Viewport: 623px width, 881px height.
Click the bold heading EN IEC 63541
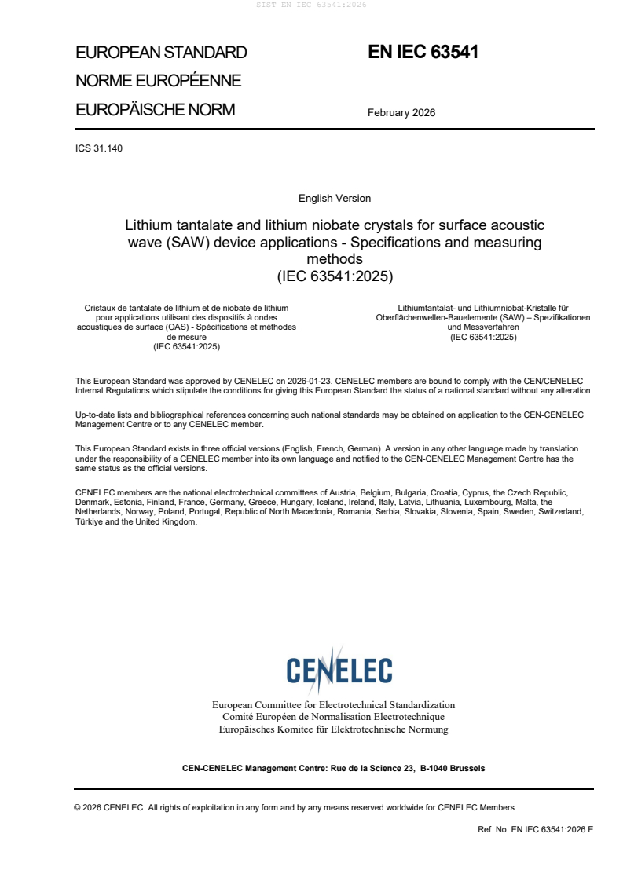tap(423, 53)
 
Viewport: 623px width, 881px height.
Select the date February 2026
tap(401, 112)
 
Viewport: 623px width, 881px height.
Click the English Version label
tap(335, 199)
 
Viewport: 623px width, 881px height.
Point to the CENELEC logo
tap(339, 669)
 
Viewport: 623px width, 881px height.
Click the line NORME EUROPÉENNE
tap(158, 81)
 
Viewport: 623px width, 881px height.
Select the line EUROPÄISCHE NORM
tap(155, 110)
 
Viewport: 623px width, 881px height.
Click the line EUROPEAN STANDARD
tap(161, 53)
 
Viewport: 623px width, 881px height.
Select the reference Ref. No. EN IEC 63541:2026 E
tap(535, 829)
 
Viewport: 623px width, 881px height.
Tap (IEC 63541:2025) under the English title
tap(335, 276)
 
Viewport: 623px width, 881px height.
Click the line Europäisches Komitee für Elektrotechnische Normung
tap(333, 729)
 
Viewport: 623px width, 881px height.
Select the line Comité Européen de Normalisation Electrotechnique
tap(333, 717)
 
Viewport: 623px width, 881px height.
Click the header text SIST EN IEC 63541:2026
tap(312, 5)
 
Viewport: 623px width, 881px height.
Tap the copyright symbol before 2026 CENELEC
tap(77, 807)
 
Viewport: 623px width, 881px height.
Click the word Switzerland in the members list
tap(559, 512)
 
